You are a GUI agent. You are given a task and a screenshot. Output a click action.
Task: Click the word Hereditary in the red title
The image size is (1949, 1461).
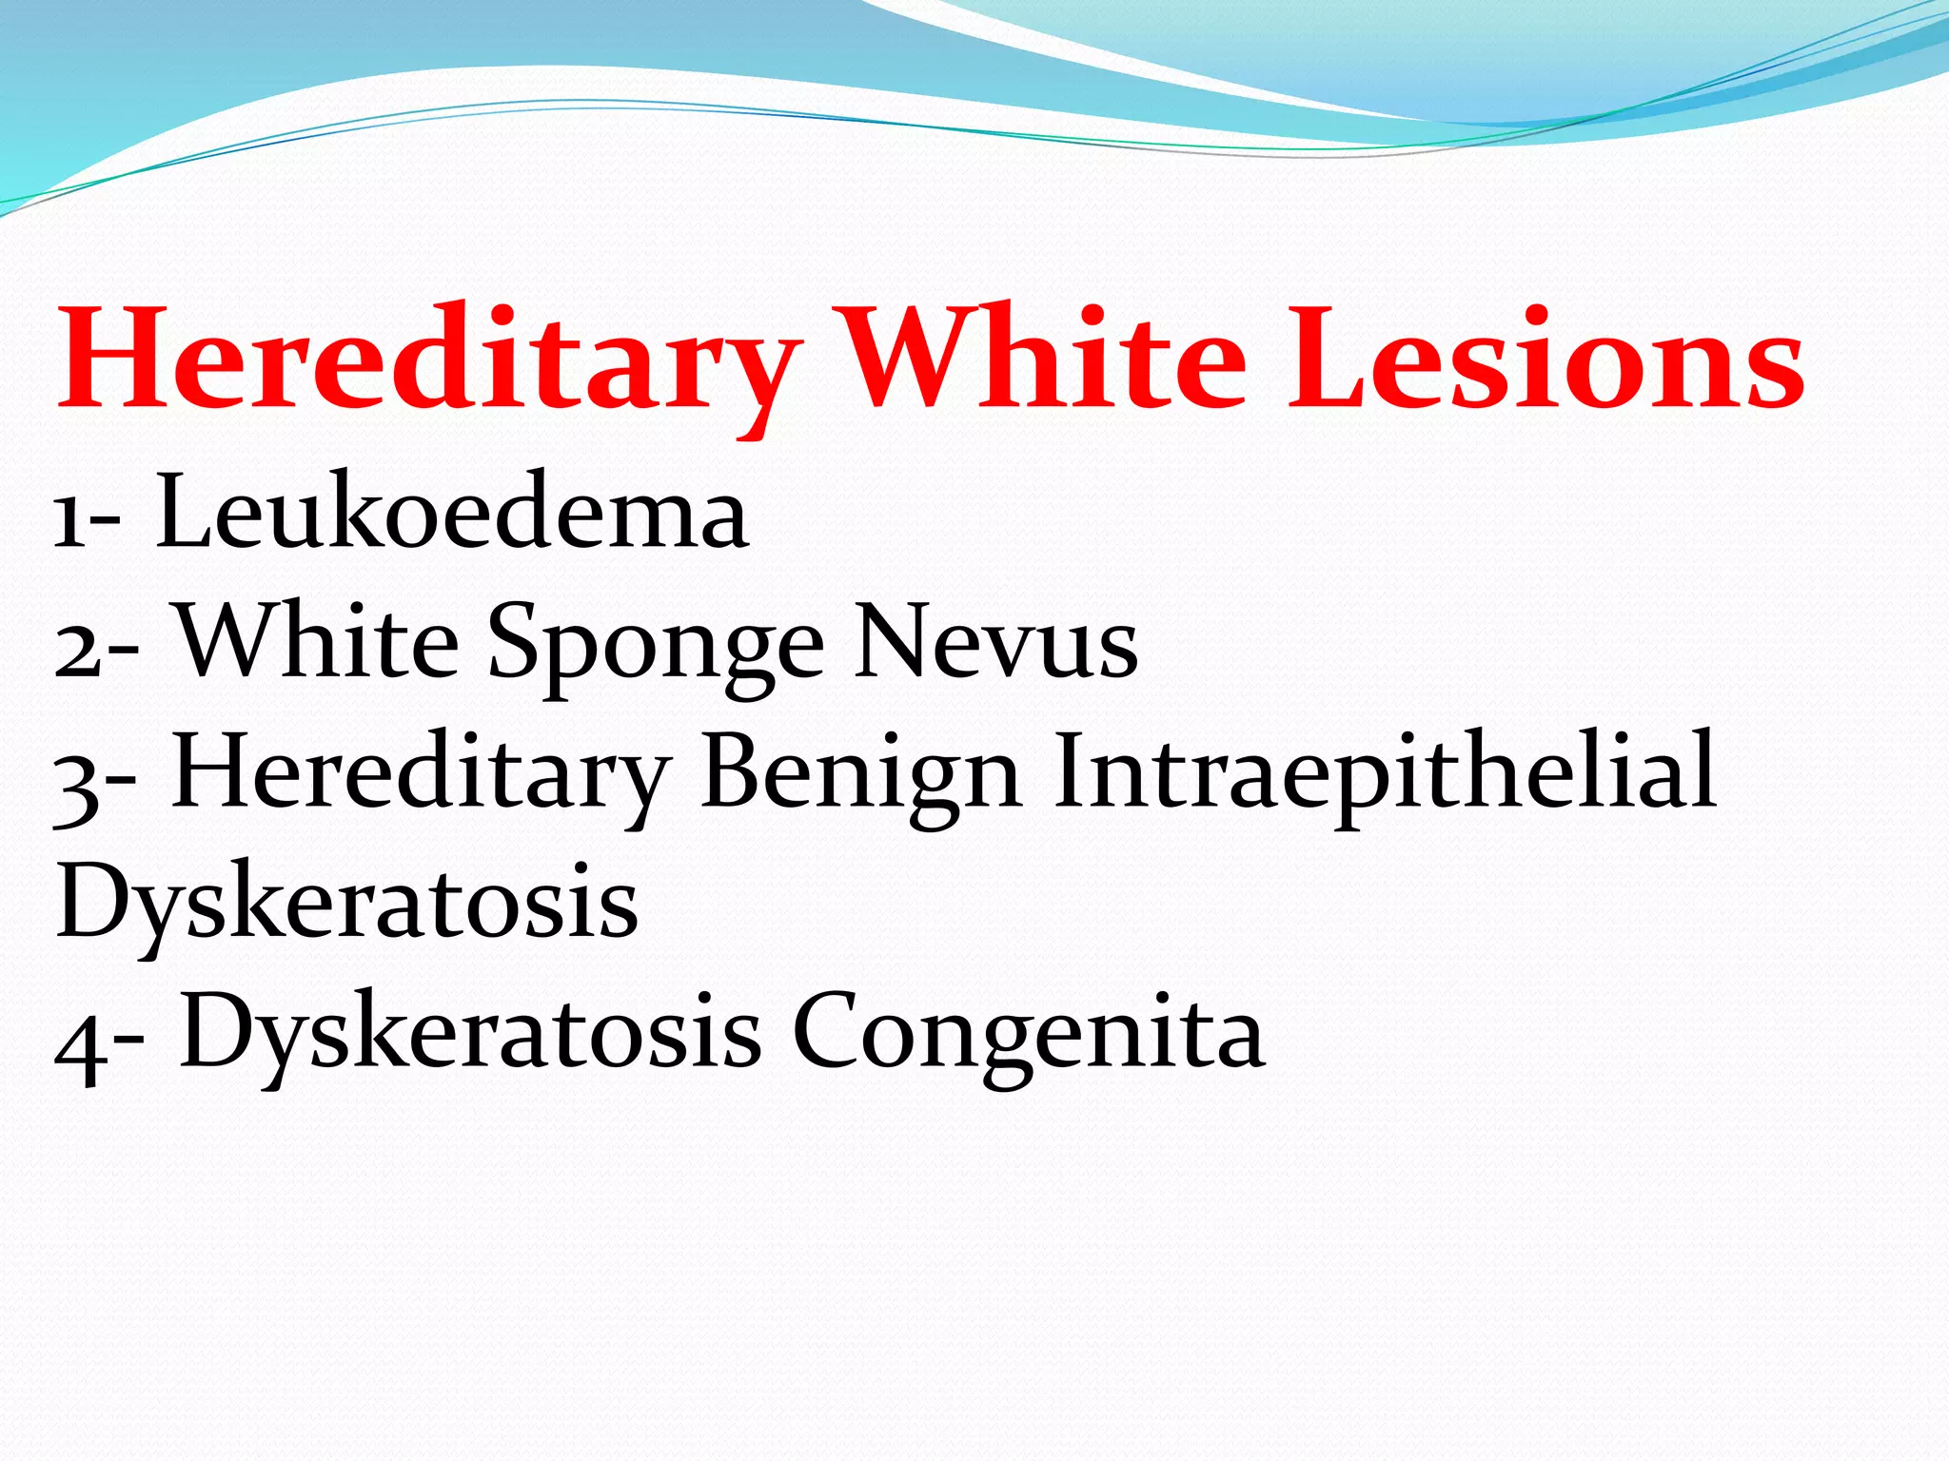pos(428,361)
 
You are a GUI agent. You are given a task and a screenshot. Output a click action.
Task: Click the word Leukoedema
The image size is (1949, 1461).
pos(452,514)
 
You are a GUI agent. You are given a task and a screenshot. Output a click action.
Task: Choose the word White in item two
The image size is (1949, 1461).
pos(319,642)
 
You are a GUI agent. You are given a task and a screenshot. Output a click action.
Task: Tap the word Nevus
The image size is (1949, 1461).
pos(995,642)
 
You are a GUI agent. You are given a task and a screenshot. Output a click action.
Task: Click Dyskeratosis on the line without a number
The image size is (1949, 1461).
pos(347,904)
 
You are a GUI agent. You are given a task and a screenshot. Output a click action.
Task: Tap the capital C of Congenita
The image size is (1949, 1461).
pos(828,1032)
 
